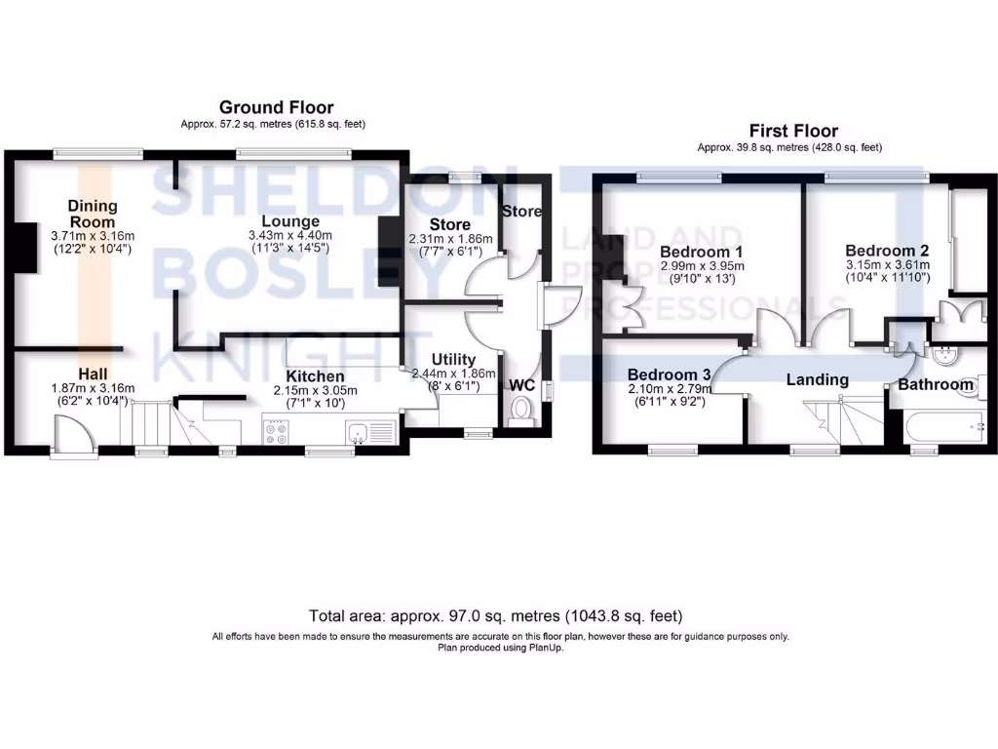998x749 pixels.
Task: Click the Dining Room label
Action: pyautogui.click(x=93, y=213)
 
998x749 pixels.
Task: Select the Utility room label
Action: pyautogui.click(x=454, y=360)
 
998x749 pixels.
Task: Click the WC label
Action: pyautogui.click(x=522, y=385)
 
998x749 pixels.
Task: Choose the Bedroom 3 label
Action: pyautogui.click(x=669, y=374)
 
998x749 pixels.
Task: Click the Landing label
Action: pyautogui.click(x=818, y=379)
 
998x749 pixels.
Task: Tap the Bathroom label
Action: pyautogui.click(x=936, y=385)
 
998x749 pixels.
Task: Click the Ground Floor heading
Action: pyautogui.click(x=276, y=107)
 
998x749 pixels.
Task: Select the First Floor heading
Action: pyautogui.click(x=792, y=131)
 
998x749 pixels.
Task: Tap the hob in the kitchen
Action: pyautogui.click(x=275, y=431)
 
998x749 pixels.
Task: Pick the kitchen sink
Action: pyautogui.click(x=360, y=430)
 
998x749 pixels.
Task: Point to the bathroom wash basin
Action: pyautogui.click(x=942, y=357)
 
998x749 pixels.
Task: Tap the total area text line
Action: pyautogui.click(x=496, y=616)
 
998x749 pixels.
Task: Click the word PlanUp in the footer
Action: pyautogui.click(x=542, y=647)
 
